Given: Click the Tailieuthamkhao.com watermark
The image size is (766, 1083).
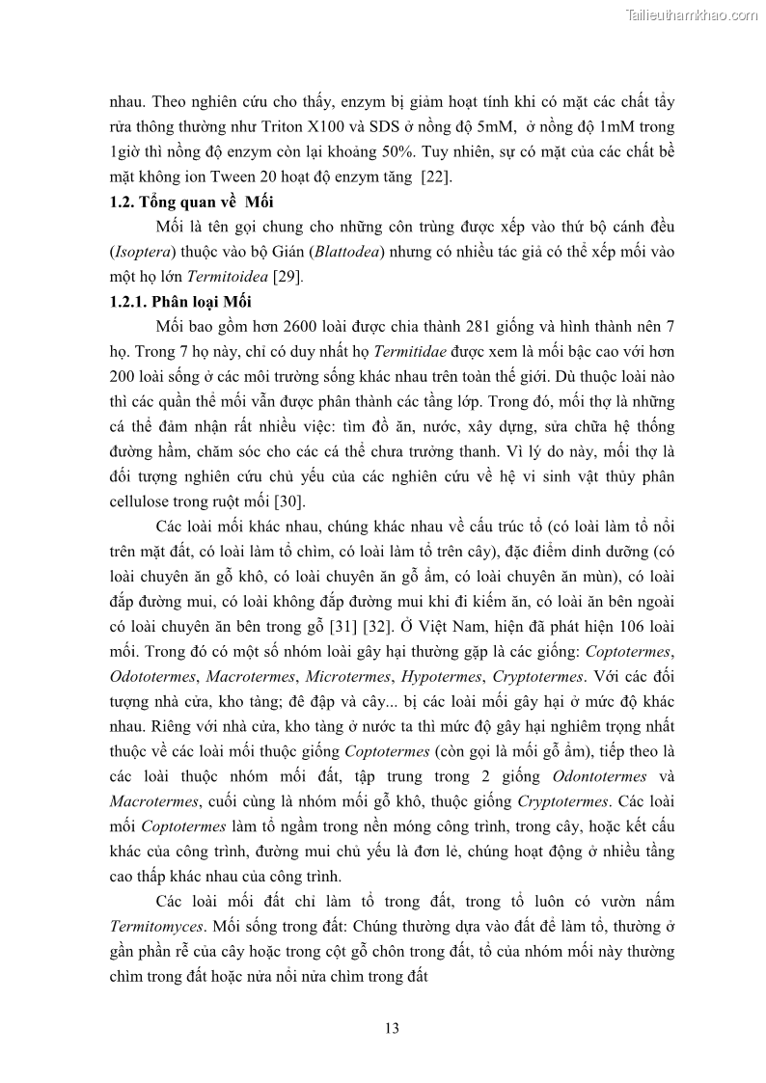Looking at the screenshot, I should pos(692,14).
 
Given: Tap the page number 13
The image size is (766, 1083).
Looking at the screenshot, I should pos(392,1028).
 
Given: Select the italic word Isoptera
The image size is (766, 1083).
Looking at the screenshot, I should pos(143,252).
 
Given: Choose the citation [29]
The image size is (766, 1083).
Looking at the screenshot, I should pos(287,277).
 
